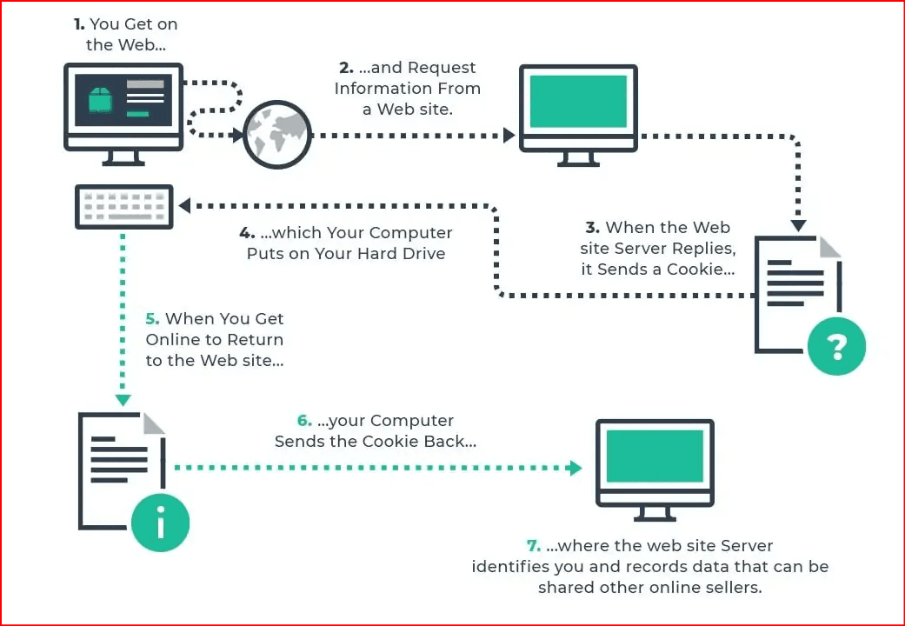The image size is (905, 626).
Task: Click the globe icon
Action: click(277, 135)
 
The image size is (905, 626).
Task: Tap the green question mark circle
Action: click(836, 345)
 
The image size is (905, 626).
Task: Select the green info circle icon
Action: click(160, 522)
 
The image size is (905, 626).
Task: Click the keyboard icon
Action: click(124, 207)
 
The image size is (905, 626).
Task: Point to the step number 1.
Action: click(79, 24)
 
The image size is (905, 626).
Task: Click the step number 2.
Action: click(346, 68)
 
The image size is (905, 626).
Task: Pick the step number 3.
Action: click(593, 228)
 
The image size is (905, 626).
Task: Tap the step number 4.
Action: click(247, 233)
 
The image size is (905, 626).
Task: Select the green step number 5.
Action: click(152, 319)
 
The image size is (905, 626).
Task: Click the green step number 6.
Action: click(304, 421)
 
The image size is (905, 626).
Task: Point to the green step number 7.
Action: click(534, 546)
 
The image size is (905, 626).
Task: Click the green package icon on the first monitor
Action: click(100, 99)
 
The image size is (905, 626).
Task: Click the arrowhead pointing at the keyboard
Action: click(184, 205)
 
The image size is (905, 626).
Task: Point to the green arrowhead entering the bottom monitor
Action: click(576, 468)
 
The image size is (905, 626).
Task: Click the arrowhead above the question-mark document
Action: click(798, 225)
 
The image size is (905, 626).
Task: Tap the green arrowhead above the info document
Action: click(123, 400)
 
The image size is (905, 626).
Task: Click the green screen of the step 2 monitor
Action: click(578, 101)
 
